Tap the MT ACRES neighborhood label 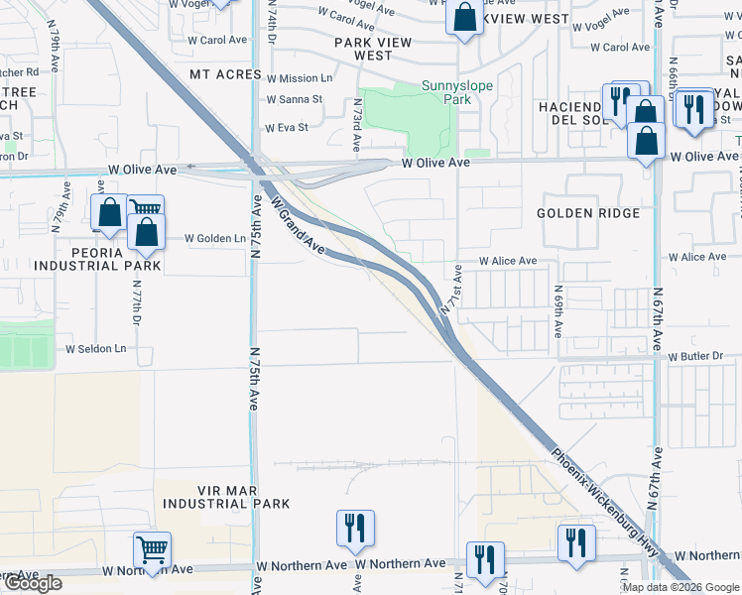(226, 75)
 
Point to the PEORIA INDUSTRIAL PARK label (97, 258)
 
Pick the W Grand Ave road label (297, 224)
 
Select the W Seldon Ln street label (97, 349)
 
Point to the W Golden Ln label (215, 239)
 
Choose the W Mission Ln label (300, 78)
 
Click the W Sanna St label (295, 99)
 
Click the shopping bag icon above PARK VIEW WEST (463, 18)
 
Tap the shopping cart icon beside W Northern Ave (152, 549)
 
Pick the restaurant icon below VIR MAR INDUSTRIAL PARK (355, 530)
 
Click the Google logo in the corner (33, 583)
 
